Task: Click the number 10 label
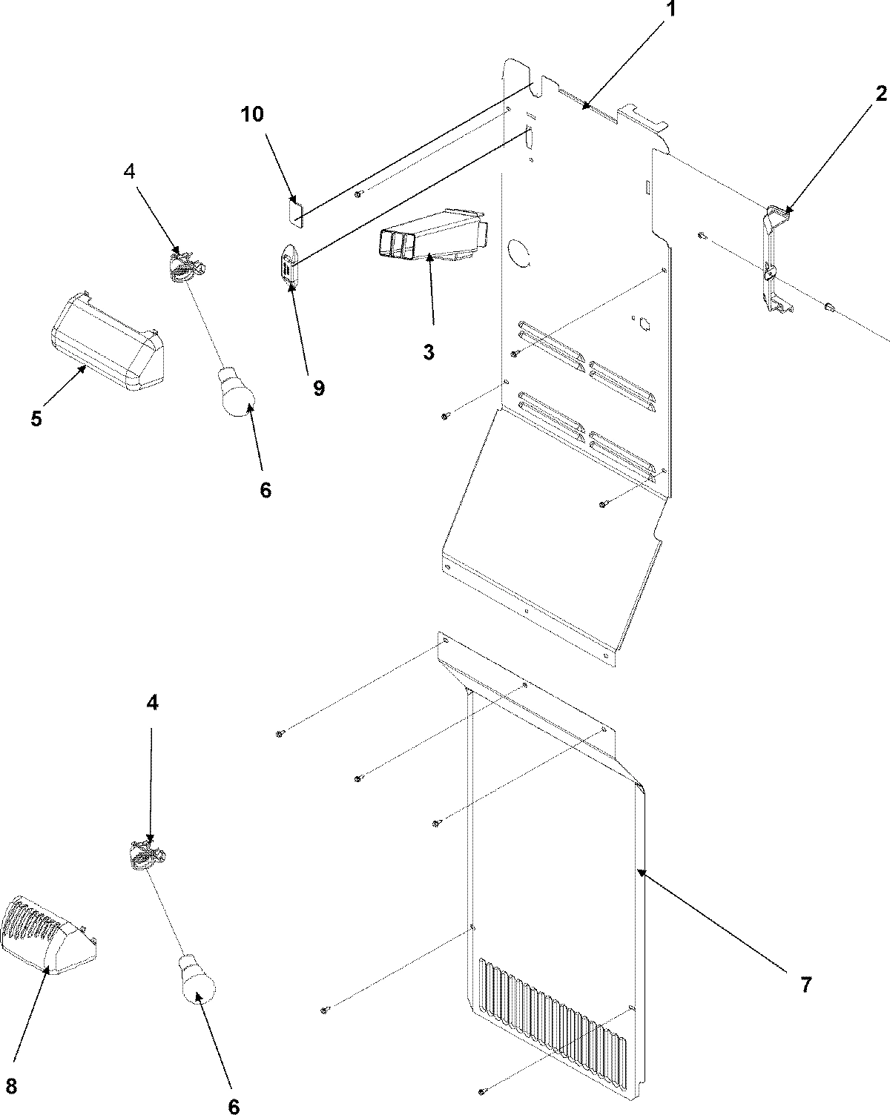tap(251, 113)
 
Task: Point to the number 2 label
tap(880, 93)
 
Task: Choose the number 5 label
tap(36, 417)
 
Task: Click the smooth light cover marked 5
tap(108, 343)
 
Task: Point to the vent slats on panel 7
tap(553, 1008)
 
